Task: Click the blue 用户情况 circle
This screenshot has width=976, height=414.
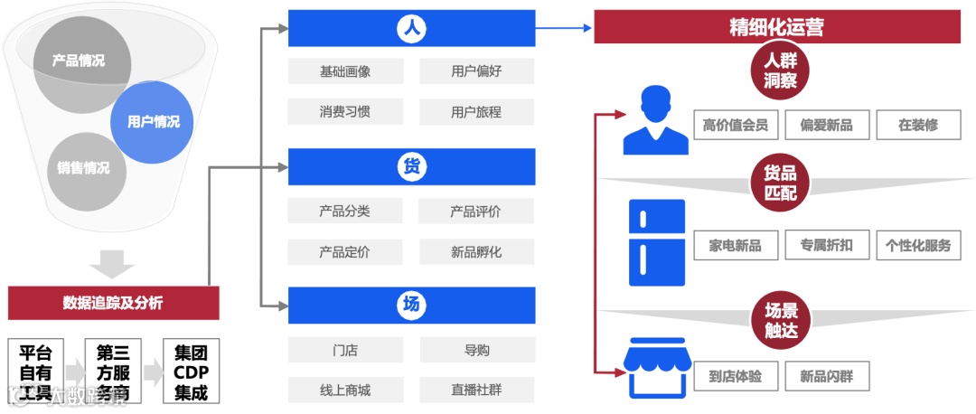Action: (152, 122)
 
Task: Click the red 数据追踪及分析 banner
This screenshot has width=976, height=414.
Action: (113, 303)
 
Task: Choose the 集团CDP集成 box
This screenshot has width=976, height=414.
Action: (191, 372)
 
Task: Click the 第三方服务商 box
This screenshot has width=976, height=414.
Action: (113, 372)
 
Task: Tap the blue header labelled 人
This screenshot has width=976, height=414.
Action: (411, 29)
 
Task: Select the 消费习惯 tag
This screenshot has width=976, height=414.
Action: (344, 112)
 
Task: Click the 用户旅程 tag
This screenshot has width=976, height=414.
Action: (476, 112)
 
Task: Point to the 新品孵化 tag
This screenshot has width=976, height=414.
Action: (476, 252)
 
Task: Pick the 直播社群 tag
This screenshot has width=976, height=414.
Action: (476, 390)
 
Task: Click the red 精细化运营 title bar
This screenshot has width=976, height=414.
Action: (776, 27)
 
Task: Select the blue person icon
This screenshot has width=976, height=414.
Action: (655, 120)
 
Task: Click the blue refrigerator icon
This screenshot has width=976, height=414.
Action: (656, 243)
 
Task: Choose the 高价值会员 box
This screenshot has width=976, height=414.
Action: (735, 125)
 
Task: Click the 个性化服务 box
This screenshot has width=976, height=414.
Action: (918, 245)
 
